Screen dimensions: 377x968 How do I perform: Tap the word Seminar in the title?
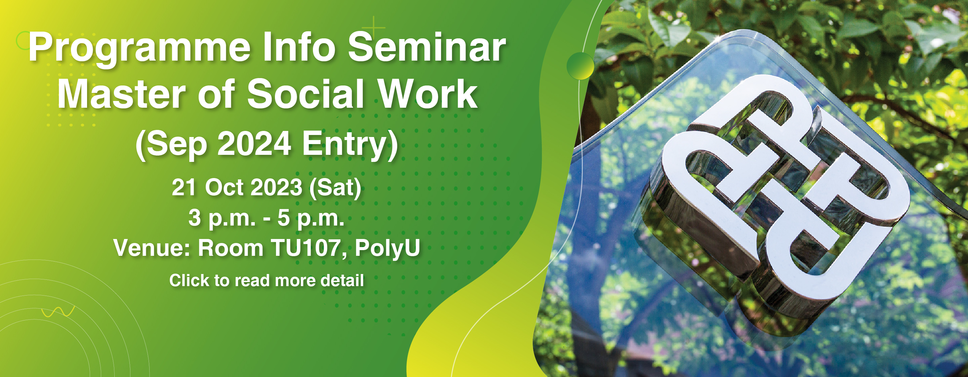tap(427, 47)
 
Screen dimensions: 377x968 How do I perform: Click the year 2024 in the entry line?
tap(254, 144)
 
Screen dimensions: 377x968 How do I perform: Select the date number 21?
tap(184, 187)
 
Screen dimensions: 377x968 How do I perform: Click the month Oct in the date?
tap(224, 187)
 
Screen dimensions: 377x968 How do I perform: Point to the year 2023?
tap(276, 187)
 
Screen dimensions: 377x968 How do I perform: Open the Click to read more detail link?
tap(267, 281)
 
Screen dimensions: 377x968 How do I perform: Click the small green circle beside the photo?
tap(580, 65)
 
